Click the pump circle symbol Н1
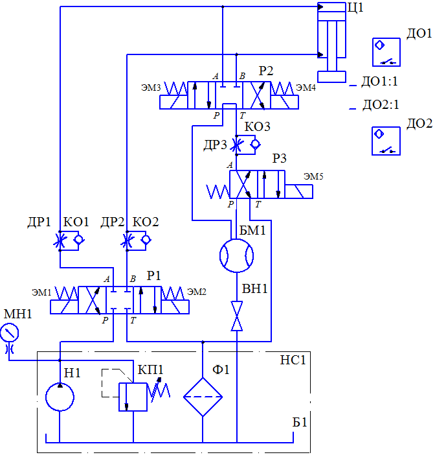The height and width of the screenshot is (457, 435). tap(60, 397)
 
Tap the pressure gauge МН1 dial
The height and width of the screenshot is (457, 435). tap(9, 333)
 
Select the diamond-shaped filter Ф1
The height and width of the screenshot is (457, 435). tap(203, 397)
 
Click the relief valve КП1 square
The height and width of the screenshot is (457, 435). tap(133, 397)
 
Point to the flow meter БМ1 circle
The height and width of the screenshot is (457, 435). tap(236, 255)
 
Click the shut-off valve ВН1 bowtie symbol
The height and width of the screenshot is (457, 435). tap(237, 316)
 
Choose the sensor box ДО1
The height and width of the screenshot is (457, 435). tap(386, 52)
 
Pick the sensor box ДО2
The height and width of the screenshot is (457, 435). tap(386, 141)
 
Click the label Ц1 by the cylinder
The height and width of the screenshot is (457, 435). tap(355, 8)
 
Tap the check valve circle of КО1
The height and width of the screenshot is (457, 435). tap(78, 240)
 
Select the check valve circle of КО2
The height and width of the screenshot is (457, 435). tap(146, 240)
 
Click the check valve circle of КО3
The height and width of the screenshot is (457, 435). tap(255, 144)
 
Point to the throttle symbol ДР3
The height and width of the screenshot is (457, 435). tap(236, 145)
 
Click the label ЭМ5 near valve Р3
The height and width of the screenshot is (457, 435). tap(313, 176)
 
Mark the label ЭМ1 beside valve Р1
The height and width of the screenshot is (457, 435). tap(41, 292)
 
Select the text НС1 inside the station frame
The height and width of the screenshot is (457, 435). tap(293, 360)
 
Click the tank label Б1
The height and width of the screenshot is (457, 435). tap(300, 422)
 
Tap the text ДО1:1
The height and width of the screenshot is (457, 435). tap(379, 81)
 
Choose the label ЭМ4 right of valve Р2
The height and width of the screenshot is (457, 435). tap(306, 88)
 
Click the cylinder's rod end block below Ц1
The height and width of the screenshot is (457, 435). tap(331, 76)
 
